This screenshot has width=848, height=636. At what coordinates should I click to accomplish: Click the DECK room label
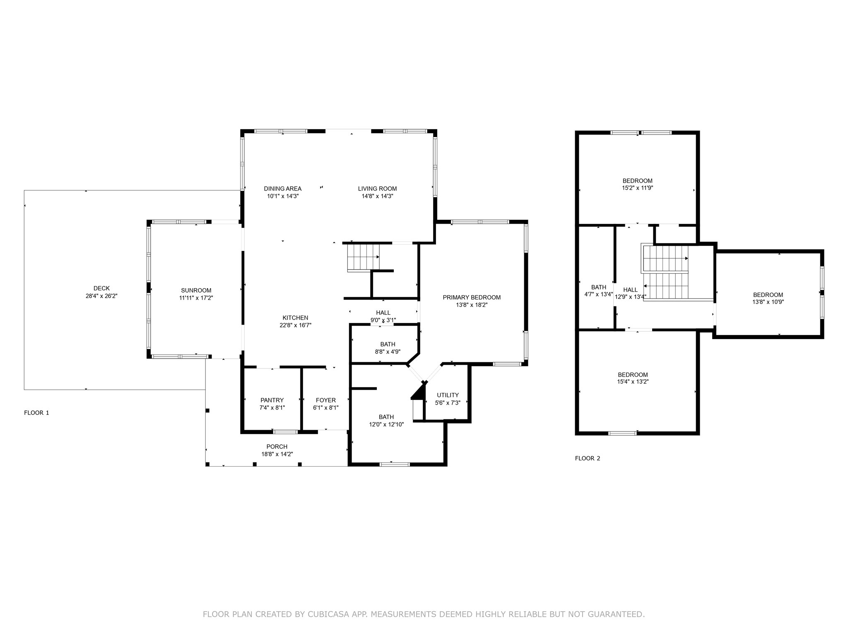coord(101,288)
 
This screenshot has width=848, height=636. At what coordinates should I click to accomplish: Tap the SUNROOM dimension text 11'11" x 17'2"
coord(196,298)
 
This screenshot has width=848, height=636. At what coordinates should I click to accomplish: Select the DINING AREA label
coord(282,189)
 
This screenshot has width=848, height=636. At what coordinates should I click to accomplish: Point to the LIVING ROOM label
coord(377,189)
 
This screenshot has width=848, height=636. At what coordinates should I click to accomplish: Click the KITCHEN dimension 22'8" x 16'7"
coord(295,325)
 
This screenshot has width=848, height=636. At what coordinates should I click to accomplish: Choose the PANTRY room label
coord(272,400)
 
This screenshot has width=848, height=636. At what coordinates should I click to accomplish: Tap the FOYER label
coord(325,400)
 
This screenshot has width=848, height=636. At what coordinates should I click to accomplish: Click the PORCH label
coord(277,446)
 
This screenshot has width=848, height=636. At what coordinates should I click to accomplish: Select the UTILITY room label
coord(448,395)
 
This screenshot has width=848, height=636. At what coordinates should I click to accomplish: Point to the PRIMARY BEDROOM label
coord(472,297)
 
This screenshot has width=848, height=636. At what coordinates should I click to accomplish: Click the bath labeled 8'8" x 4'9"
coord(388,344)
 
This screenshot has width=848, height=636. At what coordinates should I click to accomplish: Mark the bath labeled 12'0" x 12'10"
coord(386,417)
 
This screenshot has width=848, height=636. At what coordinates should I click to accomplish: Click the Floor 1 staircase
coord(363,258)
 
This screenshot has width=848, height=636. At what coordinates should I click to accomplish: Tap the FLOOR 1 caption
coord(36,413)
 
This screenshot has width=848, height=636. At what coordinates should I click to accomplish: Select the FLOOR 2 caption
coord(587,458)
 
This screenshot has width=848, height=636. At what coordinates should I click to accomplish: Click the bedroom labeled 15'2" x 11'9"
coord(637,181)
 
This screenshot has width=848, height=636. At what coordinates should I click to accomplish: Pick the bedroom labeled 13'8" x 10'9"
coord(768,295)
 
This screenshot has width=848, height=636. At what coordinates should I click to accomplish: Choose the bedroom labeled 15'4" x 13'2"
coord(633,375)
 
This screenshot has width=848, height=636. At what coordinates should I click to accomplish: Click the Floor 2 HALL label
coord(630,290)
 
